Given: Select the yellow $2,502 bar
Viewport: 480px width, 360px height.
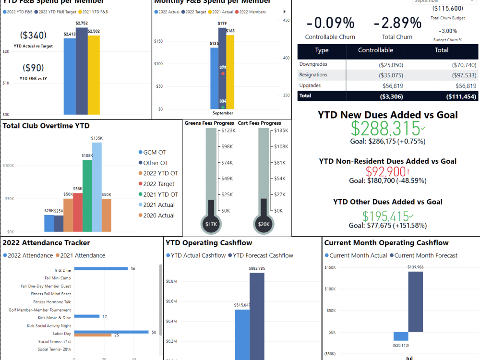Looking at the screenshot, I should pyautogui.click(x=94, y=74).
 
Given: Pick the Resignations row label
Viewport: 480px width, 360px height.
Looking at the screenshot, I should pyautogui.click(x=313, y=75).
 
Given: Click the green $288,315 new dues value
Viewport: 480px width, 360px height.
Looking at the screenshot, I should pyautogui.click(x=385, y=129).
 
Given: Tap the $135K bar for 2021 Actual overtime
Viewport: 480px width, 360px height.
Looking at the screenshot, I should pyautogui.click(x=97, y=187).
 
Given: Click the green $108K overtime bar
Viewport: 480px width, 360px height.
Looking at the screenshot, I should pyautogui.click(x=87, y=195).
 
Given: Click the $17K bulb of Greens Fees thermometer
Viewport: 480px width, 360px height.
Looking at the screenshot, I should pyautogui.click(x=211, y=224).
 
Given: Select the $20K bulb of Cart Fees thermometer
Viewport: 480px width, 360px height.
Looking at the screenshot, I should pyautogui.click(x=264, y=224).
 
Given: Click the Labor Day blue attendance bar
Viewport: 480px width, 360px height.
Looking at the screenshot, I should pyautogui.click(x=111, y=332).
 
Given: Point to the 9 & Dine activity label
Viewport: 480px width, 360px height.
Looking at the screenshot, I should pyautogui.click(x=63, y=270).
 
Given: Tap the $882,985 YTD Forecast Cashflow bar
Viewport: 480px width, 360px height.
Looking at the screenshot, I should pyautogui.click(x=257, y=317).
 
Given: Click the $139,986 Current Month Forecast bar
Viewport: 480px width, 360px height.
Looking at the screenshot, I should pyautogui.click(x=415, y=302).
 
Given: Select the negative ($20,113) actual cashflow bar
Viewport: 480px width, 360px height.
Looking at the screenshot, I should pyautogui.click(x=401, y=336).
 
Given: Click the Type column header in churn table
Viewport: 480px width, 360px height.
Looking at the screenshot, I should pyautogui.click(x=322, y=50).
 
